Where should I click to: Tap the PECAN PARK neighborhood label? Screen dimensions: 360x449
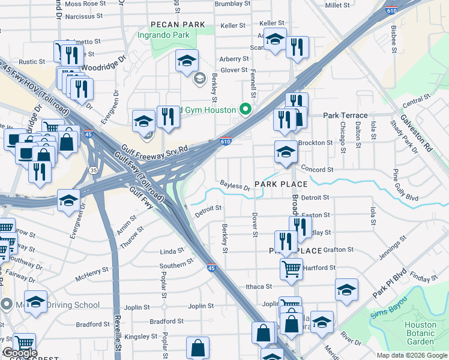[x=178, y=25]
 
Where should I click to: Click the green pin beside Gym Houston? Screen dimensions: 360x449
[x=245, y=109]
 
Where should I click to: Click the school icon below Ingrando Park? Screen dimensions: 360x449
[x=187, y=61]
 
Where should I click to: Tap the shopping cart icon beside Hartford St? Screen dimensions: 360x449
[x=291, y=268]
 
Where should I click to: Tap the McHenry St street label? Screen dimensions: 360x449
[x=91, y=274]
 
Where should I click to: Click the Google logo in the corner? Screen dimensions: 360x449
[x=19, y=353]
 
